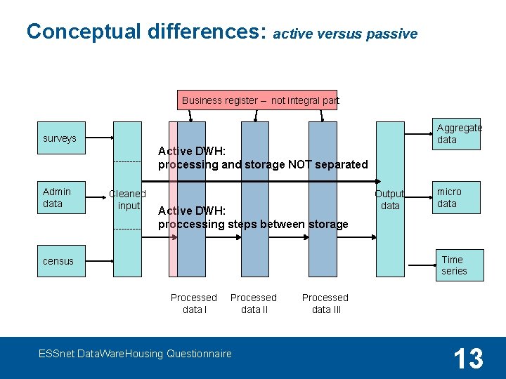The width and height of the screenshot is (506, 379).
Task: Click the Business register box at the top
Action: tap(257, 100)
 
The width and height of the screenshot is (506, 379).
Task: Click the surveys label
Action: tap(60, 138)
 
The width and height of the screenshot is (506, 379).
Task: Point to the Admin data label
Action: tap(57, 197)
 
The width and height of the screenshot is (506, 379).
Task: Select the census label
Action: tap(58, 261)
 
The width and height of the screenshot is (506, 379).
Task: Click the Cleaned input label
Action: tap(128, 199)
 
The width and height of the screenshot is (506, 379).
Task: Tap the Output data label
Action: tap(390, 199)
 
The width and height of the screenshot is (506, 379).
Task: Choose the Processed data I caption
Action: tap(194, 303)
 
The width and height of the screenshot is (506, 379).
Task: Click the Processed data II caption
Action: tap(254, 303)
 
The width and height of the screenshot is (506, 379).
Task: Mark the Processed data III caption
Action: tap(325, 303)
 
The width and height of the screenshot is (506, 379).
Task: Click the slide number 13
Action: tap(468, 359)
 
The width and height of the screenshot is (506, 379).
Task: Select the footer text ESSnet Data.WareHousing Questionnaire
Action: tap(135, 354)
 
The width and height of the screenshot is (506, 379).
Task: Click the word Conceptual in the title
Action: tap(85, 32)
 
